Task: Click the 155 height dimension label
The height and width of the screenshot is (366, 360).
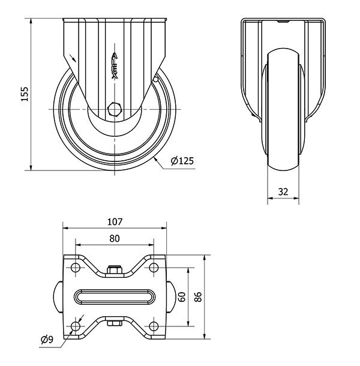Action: [x=25, y=94]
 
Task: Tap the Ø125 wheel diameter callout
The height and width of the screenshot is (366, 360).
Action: [x=182, y=161]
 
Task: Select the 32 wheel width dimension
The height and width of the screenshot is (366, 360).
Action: [x=283, y=191]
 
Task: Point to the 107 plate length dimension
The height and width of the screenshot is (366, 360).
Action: [x=115, y=222]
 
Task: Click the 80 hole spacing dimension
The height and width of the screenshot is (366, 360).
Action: [x=115, y=238]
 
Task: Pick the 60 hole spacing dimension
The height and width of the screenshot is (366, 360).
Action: [x=182, y=297]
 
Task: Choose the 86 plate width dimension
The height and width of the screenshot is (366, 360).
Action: [x=198, y=297]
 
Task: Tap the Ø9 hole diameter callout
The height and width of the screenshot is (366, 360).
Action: [x=47, y=340]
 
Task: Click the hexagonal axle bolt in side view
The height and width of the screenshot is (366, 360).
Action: [x=115, y=109]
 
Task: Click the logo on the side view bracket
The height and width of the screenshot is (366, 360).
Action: [x=115, y=66]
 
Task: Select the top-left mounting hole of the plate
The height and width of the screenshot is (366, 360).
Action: [x=75, y=267]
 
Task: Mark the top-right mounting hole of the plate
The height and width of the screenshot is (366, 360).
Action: [x=154, y=267]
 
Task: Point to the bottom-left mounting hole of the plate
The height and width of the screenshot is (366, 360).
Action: [x=75, y=326]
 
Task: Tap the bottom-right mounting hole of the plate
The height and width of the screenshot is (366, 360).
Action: [x=154, y=326]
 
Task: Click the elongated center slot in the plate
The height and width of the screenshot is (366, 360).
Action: [x=115, y=296]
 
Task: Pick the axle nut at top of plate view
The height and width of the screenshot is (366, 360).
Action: [x=115, y=269]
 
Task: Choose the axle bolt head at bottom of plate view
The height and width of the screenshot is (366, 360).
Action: [x=115, y=323]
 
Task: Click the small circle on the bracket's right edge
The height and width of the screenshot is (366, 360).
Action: [x=156, y=80]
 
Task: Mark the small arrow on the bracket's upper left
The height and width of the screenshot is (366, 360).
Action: [x=73, y=58]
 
